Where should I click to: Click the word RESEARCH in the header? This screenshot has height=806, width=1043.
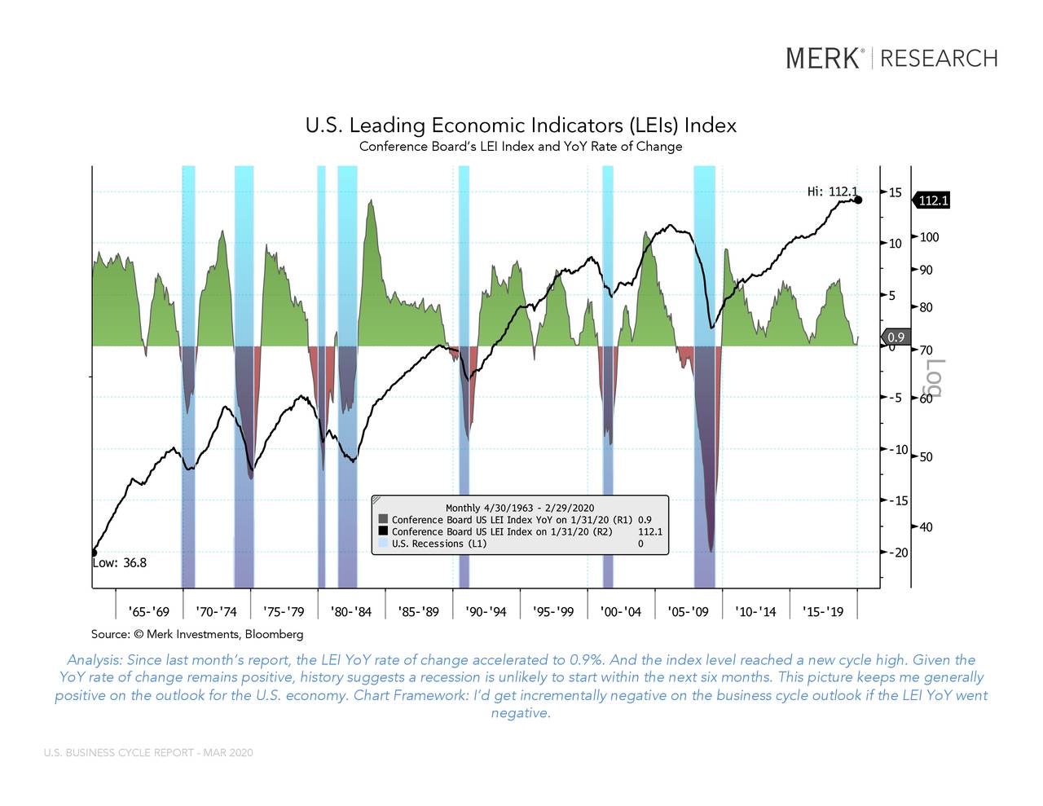tap(939, 59)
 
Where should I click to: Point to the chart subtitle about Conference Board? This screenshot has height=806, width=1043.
tap(521, 147)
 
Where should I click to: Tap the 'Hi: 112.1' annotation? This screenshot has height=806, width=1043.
tap(831, 192)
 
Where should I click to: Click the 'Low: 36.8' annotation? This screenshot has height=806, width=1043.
tap(119, 562)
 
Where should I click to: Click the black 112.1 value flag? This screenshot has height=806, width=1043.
tap(933, 200)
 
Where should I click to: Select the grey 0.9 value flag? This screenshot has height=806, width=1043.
tap(896, 337)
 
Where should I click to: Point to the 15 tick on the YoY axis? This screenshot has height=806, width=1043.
tap(895, 192)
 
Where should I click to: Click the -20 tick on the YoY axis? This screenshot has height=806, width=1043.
tap(896, 553)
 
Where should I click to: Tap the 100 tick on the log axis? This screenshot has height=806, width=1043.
tap(929, 237)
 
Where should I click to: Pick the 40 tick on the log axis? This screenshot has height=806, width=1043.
tap(926, 527)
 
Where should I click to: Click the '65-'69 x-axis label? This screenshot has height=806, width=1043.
tap(149, 612)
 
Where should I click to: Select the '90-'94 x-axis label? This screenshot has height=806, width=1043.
tap(486, 612)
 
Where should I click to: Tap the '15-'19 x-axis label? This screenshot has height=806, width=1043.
tap(823, 612)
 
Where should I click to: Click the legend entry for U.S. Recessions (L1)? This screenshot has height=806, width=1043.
tap(438, 544)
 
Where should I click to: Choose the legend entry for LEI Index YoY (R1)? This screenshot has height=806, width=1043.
tap(512, 519)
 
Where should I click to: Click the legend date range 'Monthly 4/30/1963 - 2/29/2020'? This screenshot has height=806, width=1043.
tap(520, 508)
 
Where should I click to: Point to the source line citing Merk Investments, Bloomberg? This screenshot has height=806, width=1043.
tap(197, 634)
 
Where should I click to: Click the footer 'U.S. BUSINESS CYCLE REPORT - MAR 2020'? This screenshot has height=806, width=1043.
tap(148, 752)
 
